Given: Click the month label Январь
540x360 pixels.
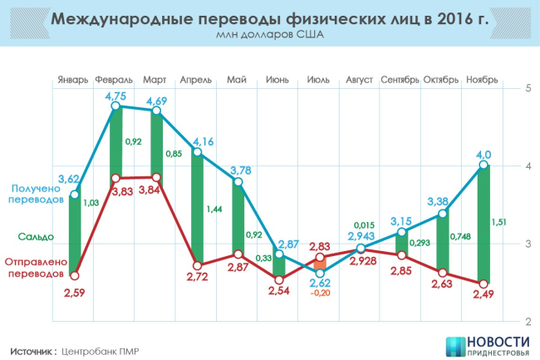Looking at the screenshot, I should click(x=73, y=80).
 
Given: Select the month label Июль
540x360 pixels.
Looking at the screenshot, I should click(x=319, y=80).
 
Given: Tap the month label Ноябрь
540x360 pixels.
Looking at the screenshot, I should click(x=483, y=80).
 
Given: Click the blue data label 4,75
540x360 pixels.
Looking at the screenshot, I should click(x=115, y=96).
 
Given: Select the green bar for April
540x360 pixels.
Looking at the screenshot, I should click(x=197, y=207).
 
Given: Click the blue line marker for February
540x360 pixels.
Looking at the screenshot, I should click(x=115, y=106).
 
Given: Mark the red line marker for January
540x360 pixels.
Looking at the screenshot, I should click(x=75, y=275).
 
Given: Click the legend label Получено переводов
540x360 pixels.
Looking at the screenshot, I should click(x=33, y=195).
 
